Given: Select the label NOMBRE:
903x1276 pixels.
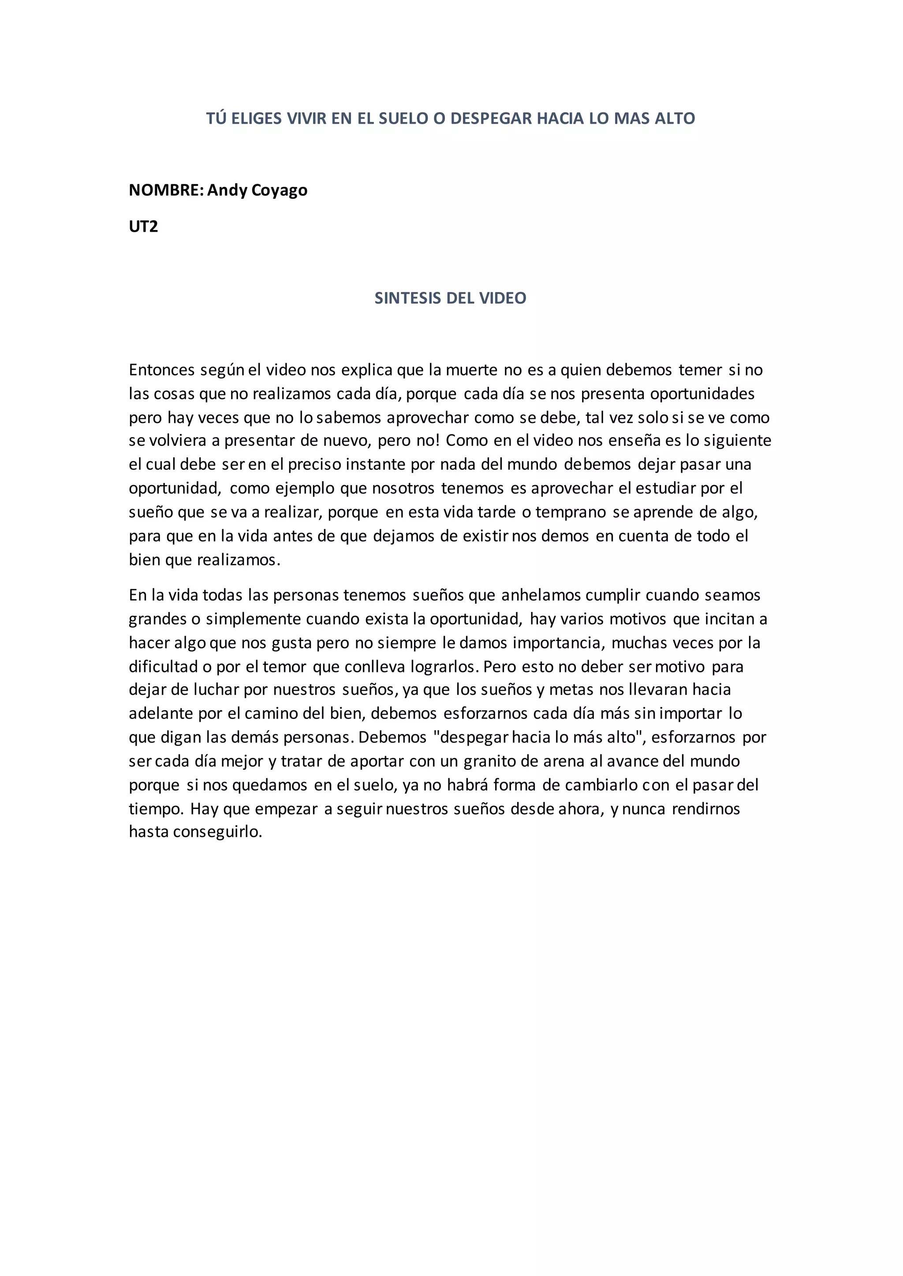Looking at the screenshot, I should [166, 190].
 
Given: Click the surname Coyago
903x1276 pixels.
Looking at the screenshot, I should [280, 190].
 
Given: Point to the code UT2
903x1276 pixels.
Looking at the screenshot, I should [143, 226].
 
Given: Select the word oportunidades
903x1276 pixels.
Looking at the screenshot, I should [702, 394].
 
